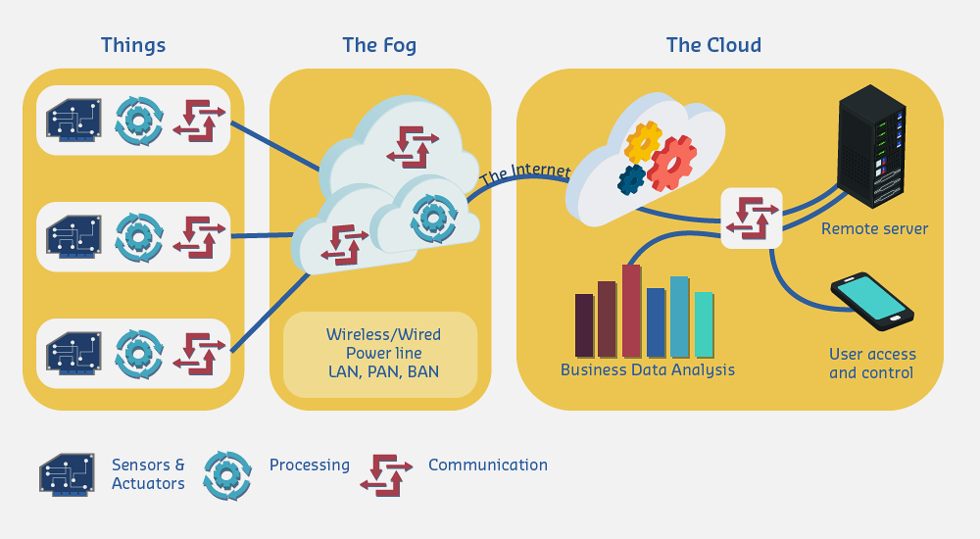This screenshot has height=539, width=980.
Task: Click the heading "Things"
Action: pos(133,45)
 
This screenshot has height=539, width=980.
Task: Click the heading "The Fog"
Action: pos(379,45)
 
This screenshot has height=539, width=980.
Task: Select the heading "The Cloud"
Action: pos(712,45)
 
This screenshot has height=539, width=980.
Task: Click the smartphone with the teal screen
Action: pos(871,301)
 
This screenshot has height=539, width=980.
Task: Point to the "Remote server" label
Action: pos(874,229)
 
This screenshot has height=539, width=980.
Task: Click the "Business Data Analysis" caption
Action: pos(647,370)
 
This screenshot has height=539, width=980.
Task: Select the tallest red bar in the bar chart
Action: pos(631,310)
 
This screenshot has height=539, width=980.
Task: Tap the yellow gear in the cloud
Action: pos(643,142)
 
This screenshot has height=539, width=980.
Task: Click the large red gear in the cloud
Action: pos(672,163)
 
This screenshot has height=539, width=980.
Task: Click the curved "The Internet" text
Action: pos(525,173)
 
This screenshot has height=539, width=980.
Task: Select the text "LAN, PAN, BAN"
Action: pos(383,371)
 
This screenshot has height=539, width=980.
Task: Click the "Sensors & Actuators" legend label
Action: pos(148,474)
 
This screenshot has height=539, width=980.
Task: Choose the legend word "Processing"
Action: pos(310,465)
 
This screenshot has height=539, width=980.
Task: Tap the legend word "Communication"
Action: pos(488,465)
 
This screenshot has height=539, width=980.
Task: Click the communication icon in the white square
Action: pos(752,218)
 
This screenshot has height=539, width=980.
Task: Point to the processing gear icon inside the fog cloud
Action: pos(432,218)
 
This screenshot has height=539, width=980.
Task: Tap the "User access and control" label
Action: pos(871,364)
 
